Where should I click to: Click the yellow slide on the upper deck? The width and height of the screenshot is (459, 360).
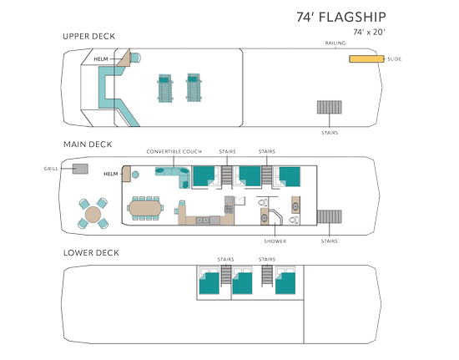coord(366,58)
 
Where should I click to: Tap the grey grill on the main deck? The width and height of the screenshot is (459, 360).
coord(80,169)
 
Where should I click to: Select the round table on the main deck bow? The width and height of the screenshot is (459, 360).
coord(93,215)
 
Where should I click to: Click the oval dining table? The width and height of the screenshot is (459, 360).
coord(145,208)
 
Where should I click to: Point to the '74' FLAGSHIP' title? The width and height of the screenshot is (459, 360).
coord(341,17)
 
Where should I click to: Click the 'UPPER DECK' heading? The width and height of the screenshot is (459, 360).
coord(89,36)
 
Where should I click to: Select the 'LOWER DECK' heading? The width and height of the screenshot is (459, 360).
coord(91,253)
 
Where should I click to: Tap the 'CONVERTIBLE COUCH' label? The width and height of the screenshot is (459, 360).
coord(174,151)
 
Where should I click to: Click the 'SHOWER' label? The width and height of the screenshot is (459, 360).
coord(275,241)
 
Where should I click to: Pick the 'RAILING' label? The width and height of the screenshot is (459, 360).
coord(335,43)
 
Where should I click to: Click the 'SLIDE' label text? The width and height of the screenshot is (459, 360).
coord(394,58)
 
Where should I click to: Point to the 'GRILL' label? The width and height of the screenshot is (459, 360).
coord(51,169)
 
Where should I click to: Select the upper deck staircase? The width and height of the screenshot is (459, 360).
coord(330,107)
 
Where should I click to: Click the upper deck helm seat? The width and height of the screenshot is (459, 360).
coord(135,58)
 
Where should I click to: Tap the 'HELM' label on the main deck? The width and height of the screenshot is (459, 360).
coord(111,174)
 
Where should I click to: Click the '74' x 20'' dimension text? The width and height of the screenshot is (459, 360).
coord(369,32)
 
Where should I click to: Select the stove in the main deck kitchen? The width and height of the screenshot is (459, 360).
coord(229,209)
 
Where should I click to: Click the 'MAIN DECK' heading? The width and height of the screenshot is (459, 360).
coord(88,145)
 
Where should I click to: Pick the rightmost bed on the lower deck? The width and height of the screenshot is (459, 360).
coord(285,283)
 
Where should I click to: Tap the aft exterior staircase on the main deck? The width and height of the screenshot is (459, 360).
coord(330,216)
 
